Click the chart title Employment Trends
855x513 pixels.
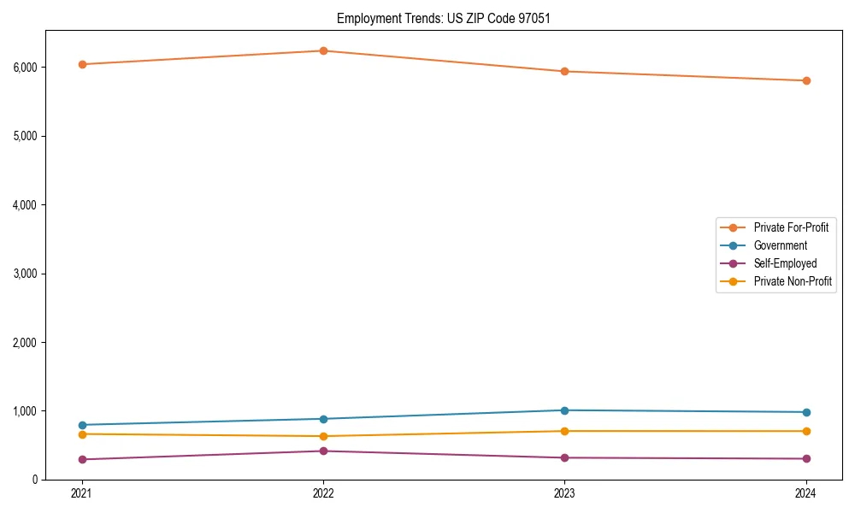pos(437,18)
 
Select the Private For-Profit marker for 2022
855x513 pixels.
pos(323,50)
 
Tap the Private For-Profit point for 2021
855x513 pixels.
pos(82,64)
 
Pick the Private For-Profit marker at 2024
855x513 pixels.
pos(806,80)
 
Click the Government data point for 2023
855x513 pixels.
pos(564,410)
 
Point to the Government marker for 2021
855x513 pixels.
pos(82,425)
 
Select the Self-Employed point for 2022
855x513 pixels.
pos(323,451)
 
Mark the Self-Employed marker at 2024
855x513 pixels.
pos(806,459)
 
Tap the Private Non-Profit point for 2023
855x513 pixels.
pos(564,431)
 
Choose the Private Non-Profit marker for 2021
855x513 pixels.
pos(82,434)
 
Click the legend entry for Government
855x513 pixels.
pos(780,245)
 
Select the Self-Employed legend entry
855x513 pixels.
pos(785,263)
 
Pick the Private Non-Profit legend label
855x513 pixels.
pos(793,281)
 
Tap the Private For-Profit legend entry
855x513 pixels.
pos(791,227)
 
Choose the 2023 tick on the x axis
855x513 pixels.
pos(564,493)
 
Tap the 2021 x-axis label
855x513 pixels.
pos(82,493)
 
